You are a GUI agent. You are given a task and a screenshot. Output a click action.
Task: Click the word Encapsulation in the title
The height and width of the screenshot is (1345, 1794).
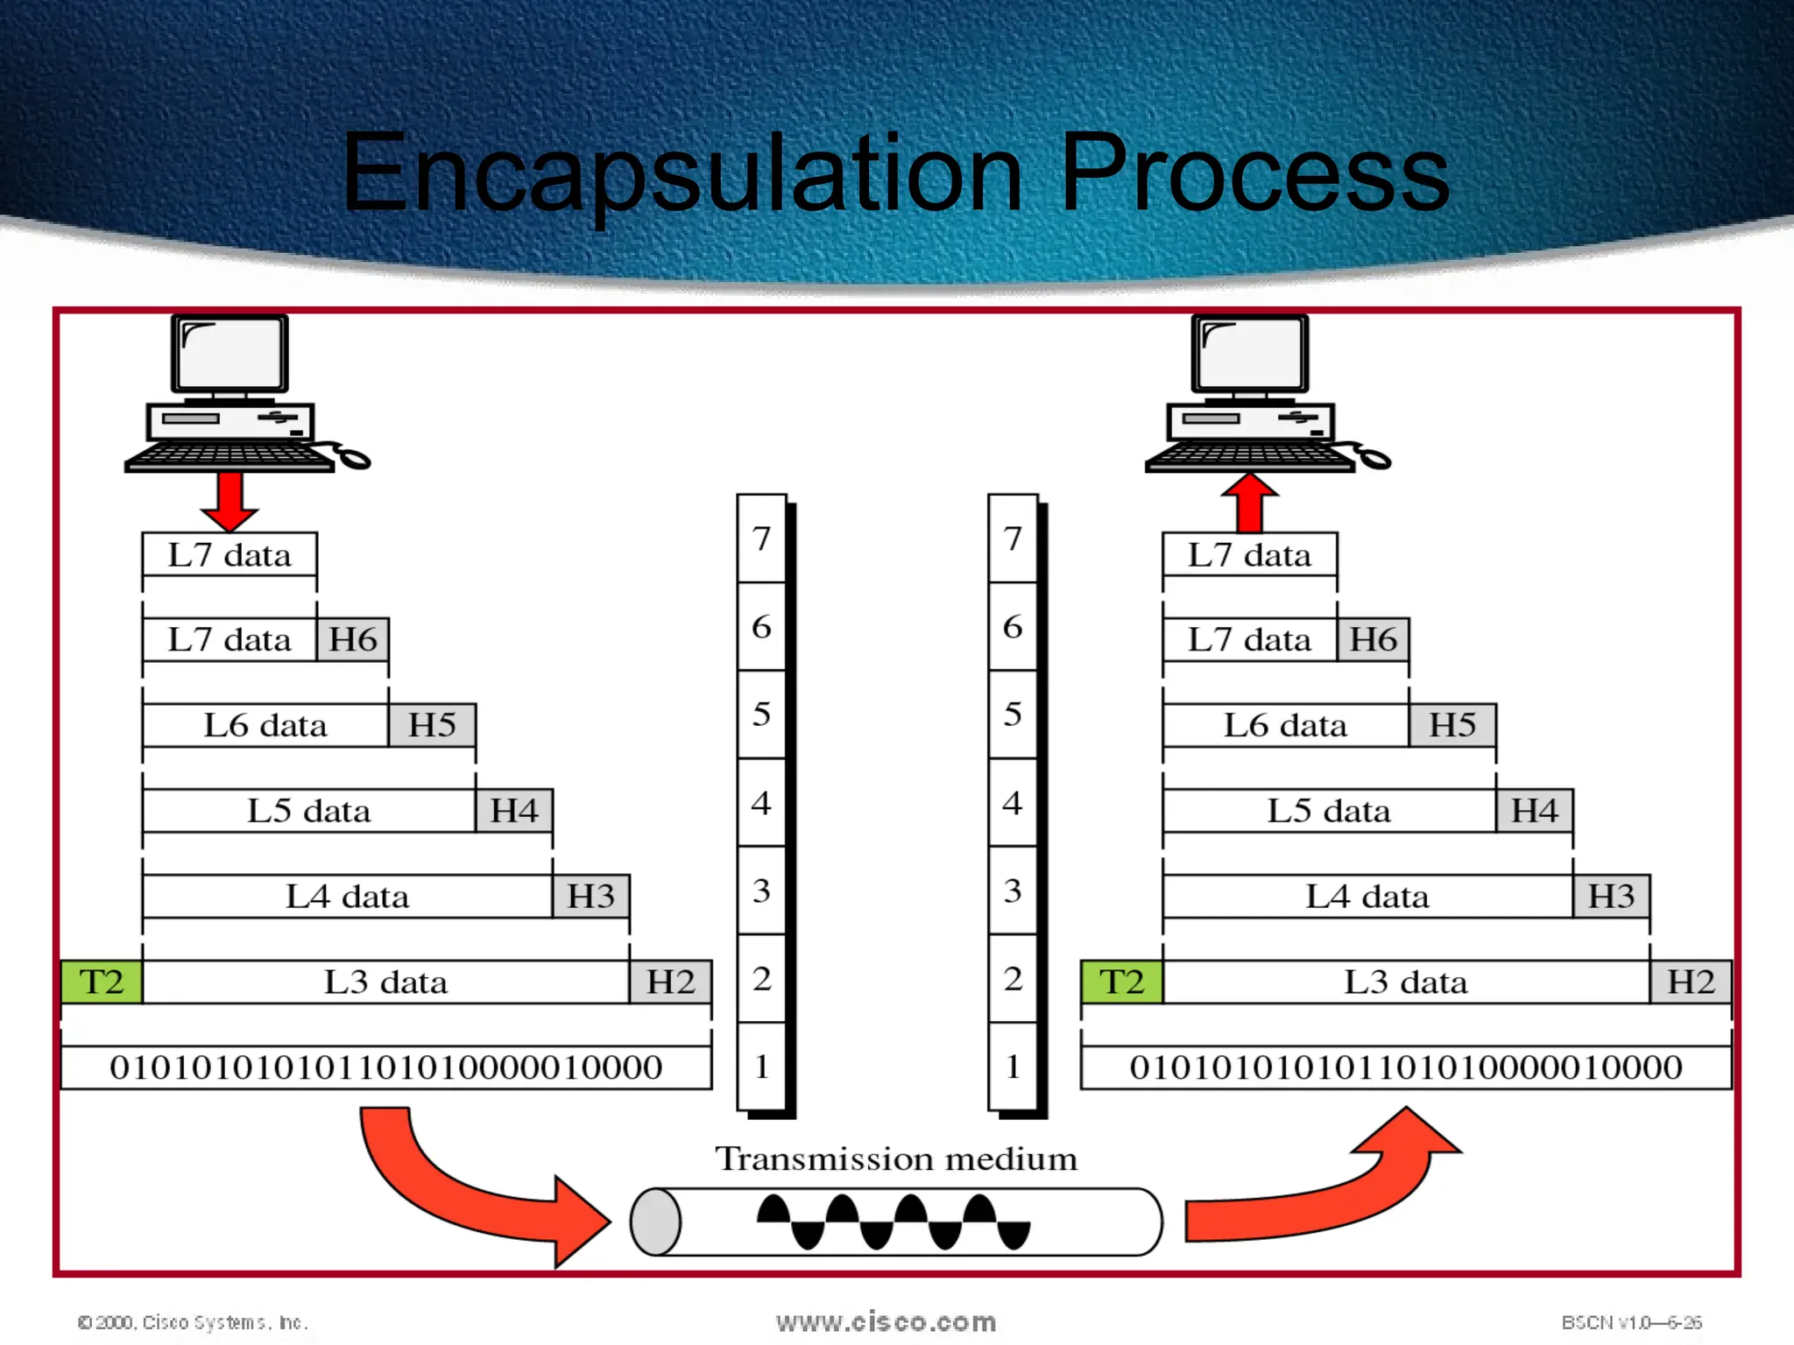(x=682, y=173)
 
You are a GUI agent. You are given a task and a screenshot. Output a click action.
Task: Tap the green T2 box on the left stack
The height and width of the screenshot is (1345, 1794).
(x=102, y=982)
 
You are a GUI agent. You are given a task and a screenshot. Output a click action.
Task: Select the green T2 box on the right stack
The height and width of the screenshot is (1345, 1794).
(x=1122, y=982)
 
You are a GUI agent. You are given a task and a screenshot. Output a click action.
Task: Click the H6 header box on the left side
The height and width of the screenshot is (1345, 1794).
(x=353, y=639)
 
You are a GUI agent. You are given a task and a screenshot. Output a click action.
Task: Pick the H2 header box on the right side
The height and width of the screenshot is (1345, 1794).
(x=1691, y=982)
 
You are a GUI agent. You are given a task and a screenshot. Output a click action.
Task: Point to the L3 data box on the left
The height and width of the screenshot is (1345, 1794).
(x=385, y=982)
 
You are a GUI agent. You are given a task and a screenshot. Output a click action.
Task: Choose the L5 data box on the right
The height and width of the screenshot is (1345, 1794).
(x=1329, y=811)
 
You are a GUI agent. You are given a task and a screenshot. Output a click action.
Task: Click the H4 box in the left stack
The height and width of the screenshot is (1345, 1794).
(x=514, y=811)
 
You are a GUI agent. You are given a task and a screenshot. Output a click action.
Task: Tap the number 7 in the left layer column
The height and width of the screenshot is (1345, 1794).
(x=761, y=539)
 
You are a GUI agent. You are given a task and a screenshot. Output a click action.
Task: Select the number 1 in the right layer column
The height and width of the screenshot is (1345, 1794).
(x=1013, y=1067)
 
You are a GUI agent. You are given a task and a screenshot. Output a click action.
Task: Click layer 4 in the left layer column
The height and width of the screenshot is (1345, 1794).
(x=761, y=803)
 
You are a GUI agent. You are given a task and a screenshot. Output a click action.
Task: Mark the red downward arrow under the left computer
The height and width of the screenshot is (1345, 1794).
(x=230, y=501)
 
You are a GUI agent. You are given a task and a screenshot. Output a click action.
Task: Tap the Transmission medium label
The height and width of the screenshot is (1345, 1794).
(x=896, y=1158)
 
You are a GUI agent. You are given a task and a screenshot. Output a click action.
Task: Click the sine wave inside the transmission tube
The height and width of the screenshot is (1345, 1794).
(x=893, y=1222)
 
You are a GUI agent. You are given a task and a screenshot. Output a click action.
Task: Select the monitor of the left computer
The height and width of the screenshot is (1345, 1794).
(x=230, y=355)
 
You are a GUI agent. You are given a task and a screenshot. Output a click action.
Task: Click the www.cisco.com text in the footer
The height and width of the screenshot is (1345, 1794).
(x=886, y=1321)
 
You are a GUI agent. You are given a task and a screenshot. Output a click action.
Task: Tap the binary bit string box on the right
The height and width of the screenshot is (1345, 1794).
(x=1406, y=1067)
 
